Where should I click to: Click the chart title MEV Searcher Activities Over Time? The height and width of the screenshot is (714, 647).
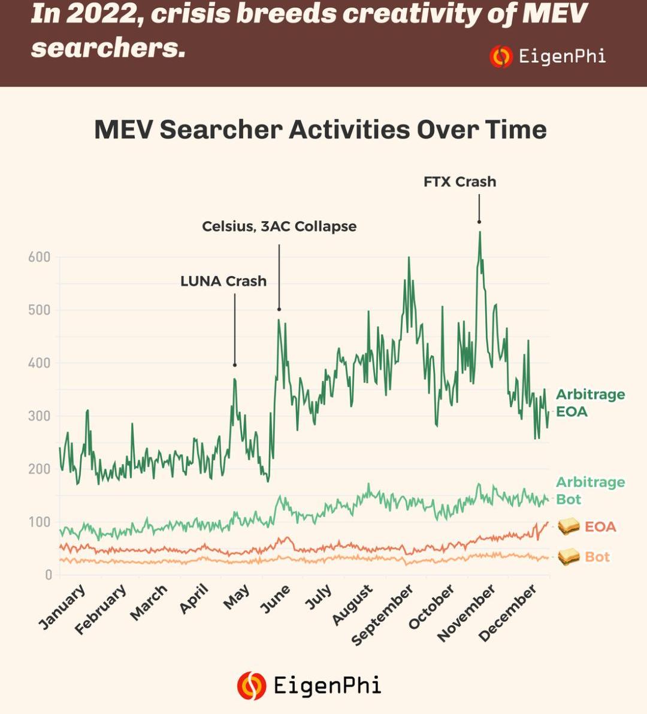click(x=321, y=130)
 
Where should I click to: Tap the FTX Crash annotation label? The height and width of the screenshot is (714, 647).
click(x=459, y=181)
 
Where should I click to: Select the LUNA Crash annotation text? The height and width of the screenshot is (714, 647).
click(x=223, y=281)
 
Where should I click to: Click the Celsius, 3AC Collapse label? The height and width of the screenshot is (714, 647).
click(x=279, y=226)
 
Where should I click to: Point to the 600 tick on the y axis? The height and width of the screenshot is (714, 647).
click(x=39, y=258)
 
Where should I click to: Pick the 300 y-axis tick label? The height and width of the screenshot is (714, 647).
click(x=39, y=416)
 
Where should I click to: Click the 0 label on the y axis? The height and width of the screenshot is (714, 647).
click(x=49, y=575)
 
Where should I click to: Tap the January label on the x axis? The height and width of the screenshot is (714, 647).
click(x=62, y=607)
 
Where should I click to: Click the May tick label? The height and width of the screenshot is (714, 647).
click(x=237, y=597)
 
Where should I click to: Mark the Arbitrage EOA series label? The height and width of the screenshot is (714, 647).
click(x=590, y=403)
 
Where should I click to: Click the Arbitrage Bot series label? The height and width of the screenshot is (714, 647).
click(x=590, y=491)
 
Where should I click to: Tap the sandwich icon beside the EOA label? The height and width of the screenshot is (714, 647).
click(x=569, y=527)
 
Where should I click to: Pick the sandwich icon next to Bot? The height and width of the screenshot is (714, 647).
click(x=569, y=557)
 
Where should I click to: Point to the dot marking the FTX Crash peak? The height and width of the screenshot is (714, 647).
click(x=479, y=222)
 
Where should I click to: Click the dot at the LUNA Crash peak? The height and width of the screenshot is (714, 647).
click(x=235, y=365)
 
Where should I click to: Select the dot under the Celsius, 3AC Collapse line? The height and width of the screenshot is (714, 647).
click(x=279, y=309)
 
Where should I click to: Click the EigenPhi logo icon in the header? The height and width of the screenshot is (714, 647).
click(x=501, y=57)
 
